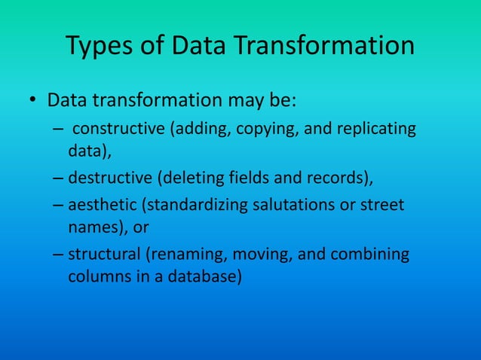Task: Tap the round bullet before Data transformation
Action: tap(32, 101)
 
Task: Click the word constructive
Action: tap(119, 129)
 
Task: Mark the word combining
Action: tap(373, 255)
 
